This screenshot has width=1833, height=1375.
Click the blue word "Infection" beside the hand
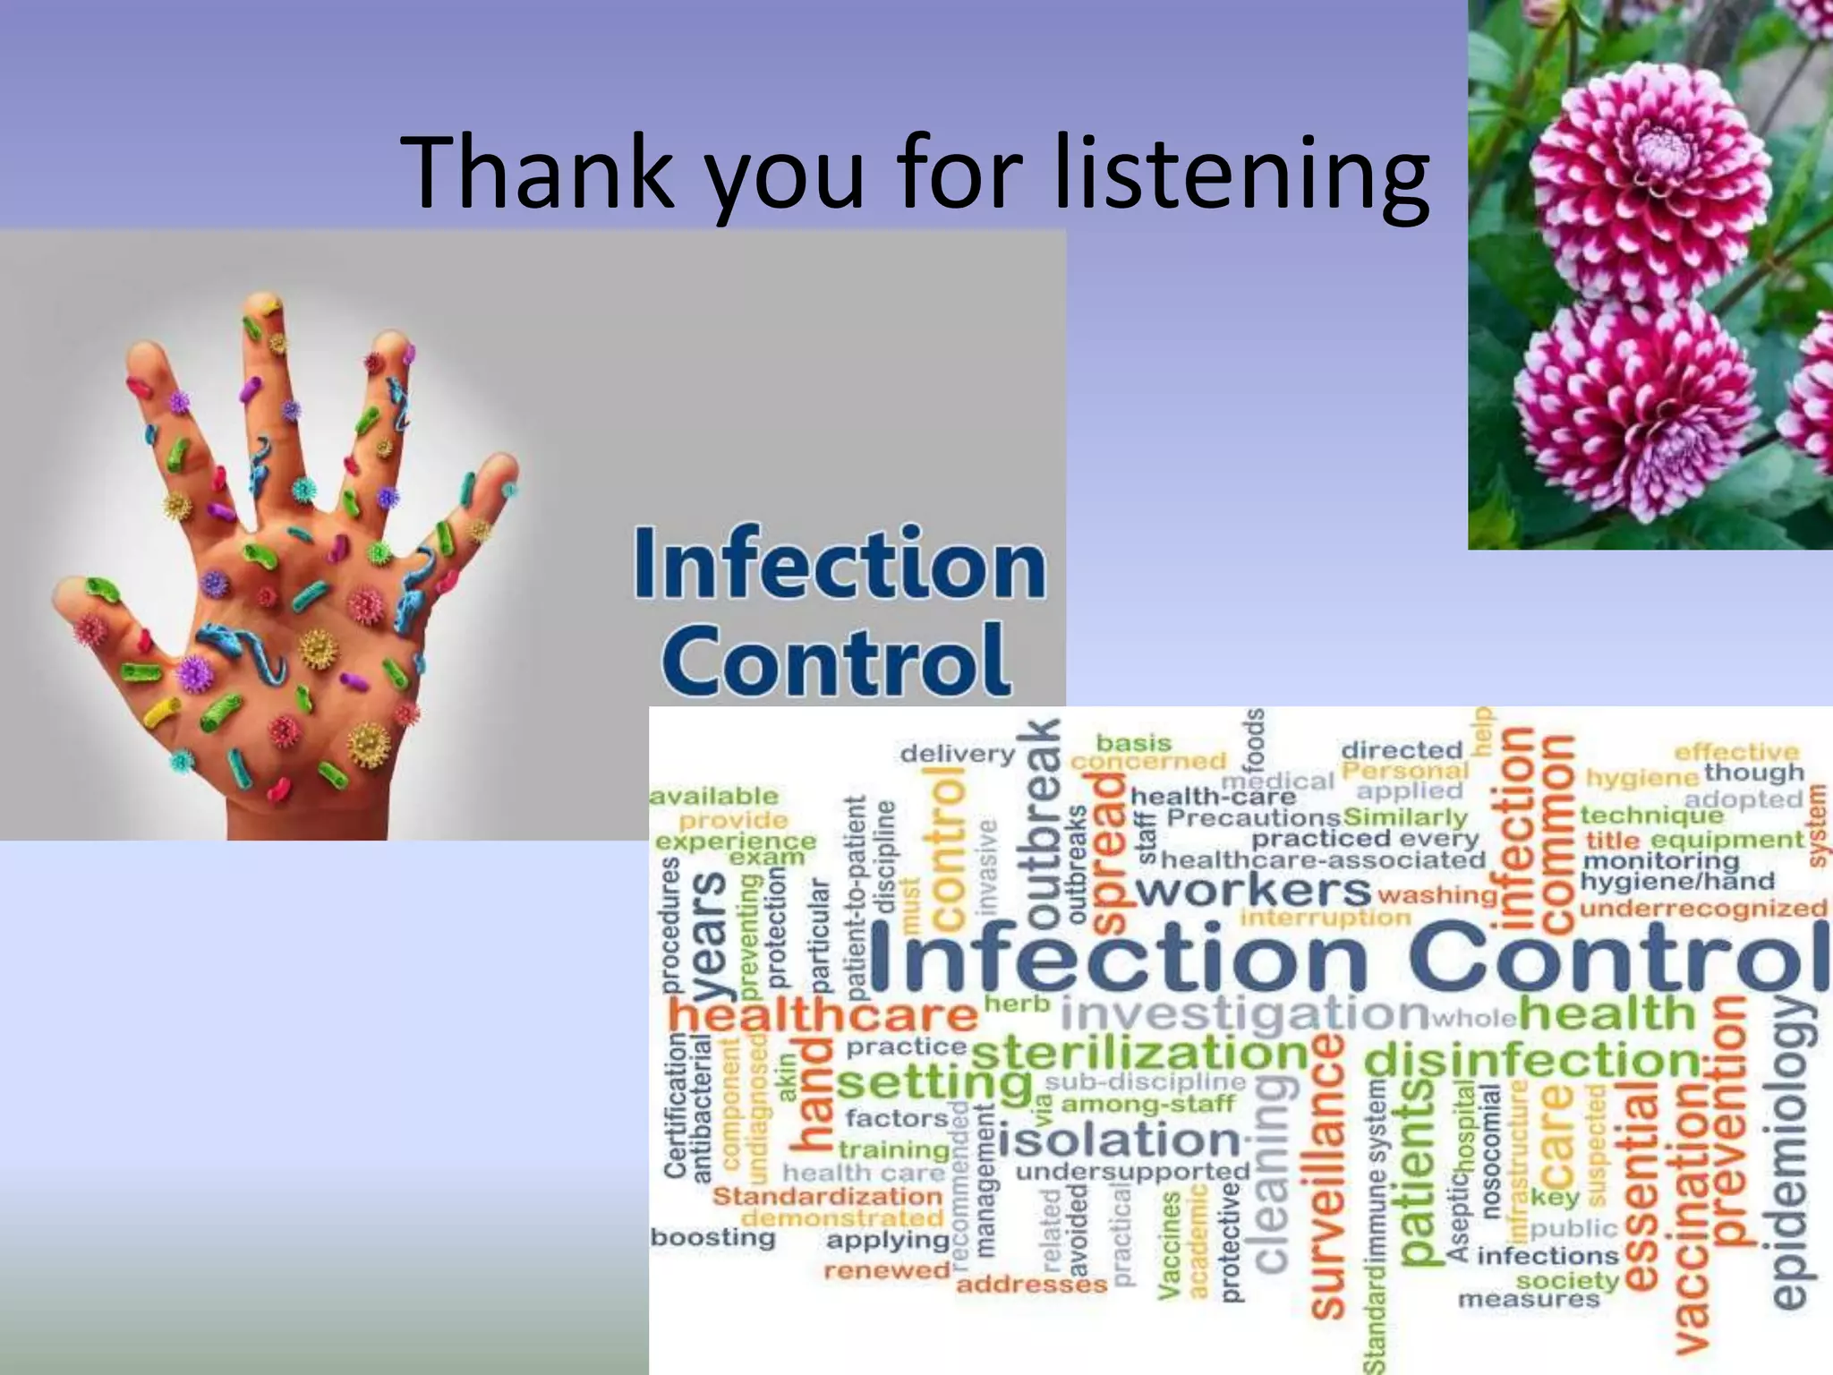coord(840,565)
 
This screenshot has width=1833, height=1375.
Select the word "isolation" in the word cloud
coord(1119,1140)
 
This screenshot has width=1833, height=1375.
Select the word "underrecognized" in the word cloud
coord(1703,910)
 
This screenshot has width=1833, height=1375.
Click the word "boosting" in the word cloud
coord(712,1238)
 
